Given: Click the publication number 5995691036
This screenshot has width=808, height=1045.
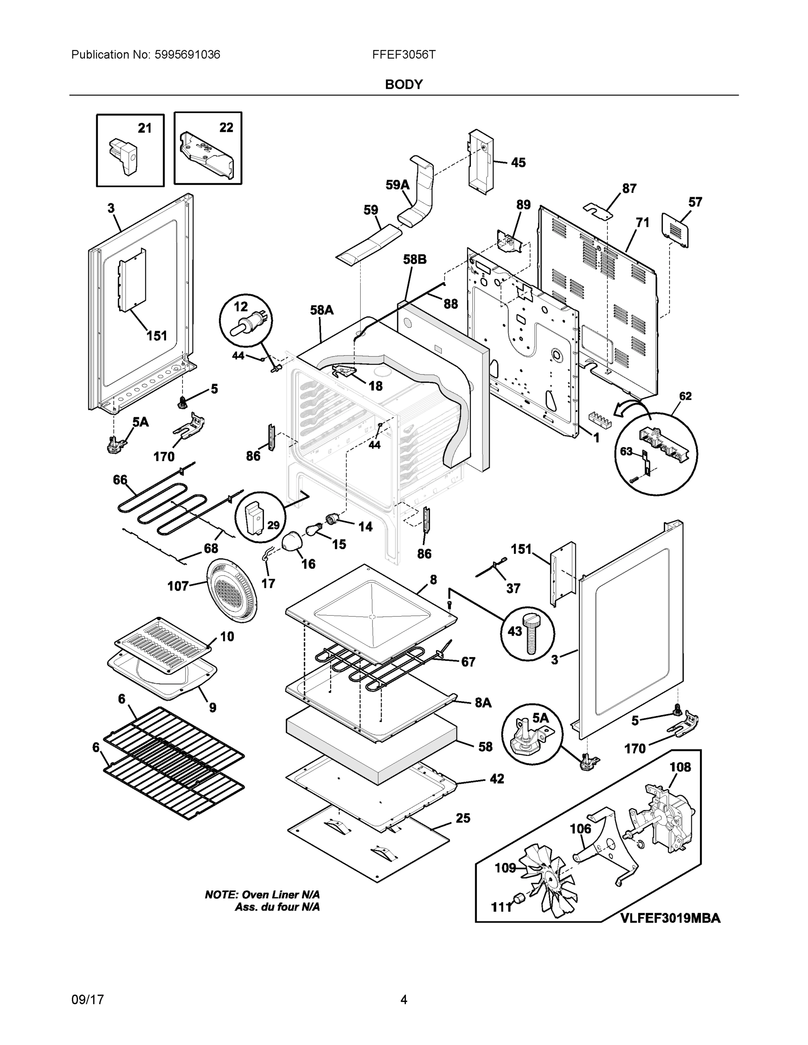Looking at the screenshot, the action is coord(187,55).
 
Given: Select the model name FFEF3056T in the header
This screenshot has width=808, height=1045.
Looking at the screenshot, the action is coord(404,55).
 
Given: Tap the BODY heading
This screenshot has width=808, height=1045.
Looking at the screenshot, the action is coord(404,85).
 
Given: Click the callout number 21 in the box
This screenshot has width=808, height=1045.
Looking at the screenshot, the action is coord(145,128).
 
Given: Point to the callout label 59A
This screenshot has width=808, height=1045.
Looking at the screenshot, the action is coord(398,185).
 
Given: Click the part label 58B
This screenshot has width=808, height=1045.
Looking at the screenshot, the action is coord(415,260).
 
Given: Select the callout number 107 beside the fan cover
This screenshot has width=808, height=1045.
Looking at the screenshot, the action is coord(178,586).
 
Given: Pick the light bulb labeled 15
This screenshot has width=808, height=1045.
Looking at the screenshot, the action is coord(314,530).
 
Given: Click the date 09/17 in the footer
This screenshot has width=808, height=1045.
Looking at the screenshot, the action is coord(88,1000).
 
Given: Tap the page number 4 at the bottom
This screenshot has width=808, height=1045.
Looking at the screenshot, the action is coord(404,1000).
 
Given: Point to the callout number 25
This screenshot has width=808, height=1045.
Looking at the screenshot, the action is coord(463,818).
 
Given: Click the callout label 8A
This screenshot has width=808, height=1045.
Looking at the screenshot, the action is coord(483,702).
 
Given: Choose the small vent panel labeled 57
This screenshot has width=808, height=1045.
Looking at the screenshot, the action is coord(676,230).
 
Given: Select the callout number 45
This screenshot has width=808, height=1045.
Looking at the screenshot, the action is coord(518,163).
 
